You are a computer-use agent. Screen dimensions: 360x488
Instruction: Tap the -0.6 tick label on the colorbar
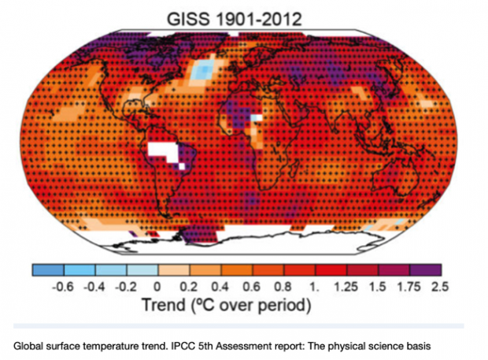[x=62, y=287]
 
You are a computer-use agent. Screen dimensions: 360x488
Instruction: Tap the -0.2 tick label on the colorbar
[x=125, y=287]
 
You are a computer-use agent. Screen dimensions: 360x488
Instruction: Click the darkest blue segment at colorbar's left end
[x=47, y=269]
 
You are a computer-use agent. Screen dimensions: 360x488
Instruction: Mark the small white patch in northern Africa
[x=255, y=119]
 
